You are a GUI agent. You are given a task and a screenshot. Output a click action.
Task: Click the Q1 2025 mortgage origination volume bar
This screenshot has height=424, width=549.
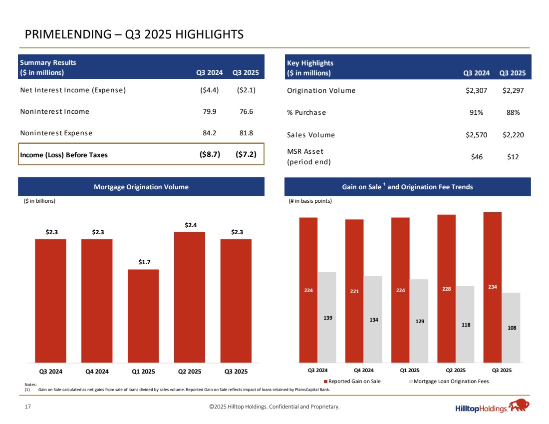[x=143, y=316]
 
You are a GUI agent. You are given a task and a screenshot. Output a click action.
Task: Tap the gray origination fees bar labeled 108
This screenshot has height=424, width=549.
[x=511, y=327]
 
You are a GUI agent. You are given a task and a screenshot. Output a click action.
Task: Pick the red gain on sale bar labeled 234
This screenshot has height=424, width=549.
[x=492, y=287]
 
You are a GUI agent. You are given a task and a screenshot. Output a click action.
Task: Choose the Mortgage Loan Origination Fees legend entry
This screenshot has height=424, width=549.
[x=449, y=381]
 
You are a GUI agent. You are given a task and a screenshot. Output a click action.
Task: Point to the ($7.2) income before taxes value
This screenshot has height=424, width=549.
[x=246, y=154]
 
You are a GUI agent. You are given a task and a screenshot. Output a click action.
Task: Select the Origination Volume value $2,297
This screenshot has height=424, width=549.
[x=514, y=90]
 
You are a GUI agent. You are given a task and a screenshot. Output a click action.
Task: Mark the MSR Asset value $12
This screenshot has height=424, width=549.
[x=512, y=157]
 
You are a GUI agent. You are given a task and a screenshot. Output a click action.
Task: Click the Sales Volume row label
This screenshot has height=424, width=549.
[x=311, y=135]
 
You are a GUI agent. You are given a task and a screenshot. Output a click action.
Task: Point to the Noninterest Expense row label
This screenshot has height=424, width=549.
[x=56, y=133]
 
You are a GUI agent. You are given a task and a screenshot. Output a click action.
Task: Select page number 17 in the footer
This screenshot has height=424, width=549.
[x=28, y=407]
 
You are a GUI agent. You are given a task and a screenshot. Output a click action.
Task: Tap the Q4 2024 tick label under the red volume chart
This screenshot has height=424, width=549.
[x=97, y=372]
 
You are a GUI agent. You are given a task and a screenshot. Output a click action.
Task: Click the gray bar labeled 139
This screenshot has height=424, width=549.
[x=327, y=317]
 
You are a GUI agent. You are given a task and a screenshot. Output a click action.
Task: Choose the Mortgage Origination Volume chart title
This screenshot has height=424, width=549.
[x=141, y=187]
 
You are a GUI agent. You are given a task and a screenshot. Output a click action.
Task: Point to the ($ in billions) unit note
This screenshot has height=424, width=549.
[x=40, y=201]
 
